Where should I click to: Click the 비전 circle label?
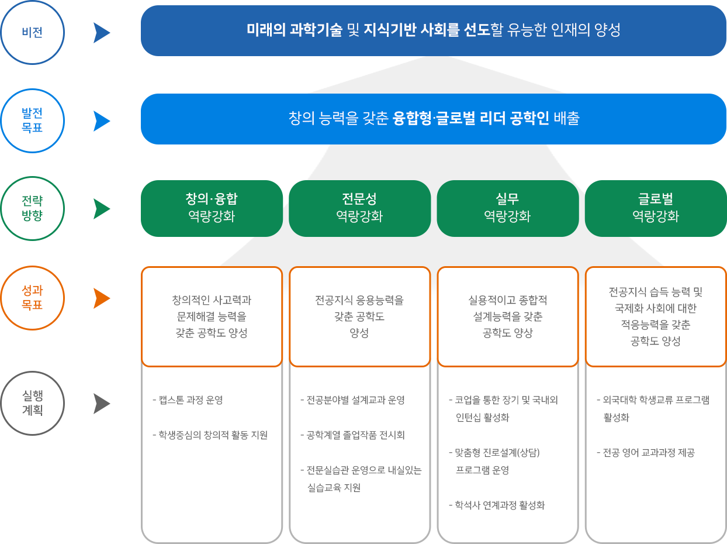[32, 33]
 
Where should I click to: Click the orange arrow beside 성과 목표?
[101, 298]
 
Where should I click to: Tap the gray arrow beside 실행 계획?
[101, 404]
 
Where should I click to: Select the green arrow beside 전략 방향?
[101, 209]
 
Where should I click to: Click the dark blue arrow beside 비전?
[101, 33]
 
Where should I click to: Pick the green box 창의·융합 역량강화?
[212, 208]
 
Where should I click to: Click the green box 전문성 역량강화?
[359, 208]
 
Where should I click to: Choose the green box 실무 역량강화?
[508, 208]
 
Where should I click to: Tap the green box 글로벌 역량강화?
[656, 208]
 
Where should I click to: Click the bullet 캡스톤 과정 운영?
[188, 400]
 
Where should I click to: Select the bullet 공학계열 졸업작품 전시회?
[353, 435]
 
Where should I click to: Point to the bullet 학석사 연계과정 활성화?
[497, 505]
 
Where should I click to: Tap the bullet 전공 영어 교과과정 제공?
[646, 453]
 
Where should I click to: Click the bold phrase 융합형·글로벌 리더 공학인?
[470, 118]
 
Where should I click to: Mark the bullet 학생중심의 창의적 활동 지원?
[210, 435]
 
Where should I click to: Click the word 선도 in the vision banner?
[477, 30]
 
